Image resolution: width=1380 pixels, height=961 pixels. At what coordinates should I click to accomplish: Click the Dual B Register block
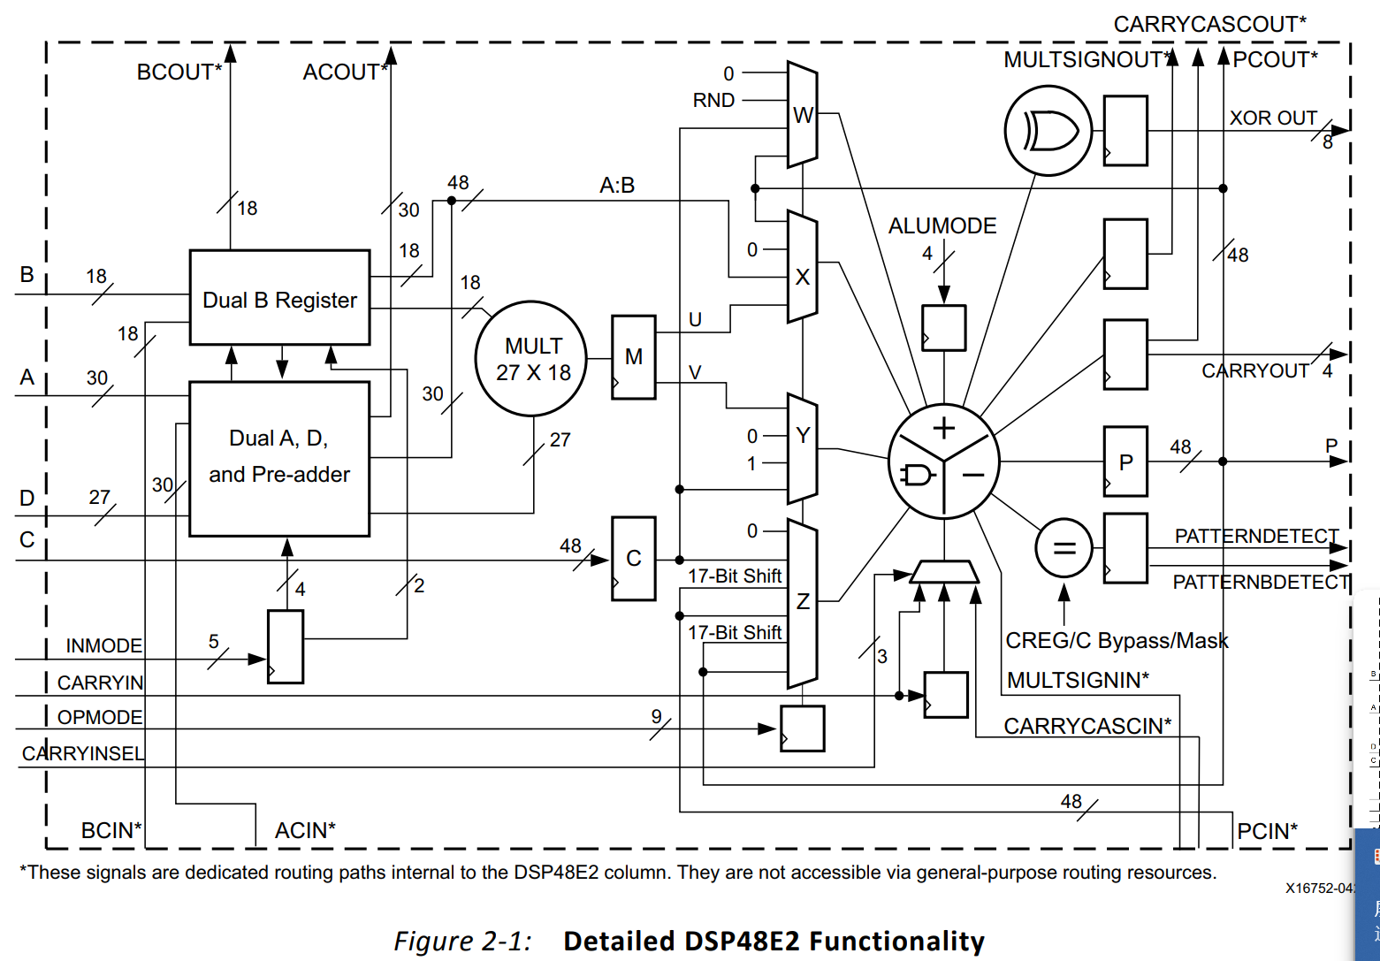279,298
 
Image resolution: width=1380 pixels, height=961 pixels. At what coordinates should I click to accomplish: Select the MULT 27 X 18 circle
532,359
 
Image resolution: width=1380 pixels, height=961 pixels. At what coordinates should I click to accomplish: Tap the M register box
634,357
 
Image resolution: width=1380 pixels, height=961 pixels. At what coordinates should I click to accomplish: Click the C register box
634,559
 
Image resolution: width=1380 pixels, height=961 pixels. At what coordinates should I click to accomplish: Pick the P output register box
1125,461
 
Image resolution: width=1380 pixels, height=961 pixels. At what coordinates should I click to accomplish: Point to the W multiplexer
802,115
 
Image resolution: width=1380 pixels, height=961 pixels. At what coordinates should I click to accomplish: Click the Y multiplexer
802,448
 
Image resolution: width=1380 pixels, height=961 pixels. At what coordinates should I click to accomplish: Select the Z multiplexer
802,603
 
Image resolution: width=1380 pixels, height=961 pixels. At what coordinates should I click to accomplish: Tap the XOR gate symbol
1049,131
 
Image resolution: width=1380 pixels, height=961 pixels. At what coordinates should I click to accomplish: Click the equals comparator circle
1064,548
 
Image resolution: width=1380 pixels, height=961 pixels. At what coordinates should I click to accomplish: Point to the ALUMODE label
942,226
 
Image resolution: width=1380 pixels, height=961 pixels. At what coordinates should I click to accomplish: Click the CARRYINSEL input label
83,753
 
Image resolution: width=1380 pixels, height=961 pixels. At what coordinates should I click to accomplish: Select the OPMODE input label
100,717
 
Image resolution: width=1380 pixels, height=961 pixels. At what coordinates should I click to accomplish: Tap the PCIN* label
1268,831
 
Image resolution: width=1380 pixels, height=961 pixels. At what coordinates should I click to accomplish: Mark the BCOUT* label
179,72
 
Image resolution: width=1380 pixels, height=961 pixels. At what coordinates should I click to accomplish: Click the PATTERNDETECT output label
1256,536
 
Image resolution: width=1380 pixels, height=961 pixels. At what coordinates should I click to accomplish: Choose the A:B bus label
617,186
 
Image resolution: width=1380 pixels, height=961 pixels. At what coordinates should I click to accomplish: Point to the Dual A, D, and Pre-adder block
279,458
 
